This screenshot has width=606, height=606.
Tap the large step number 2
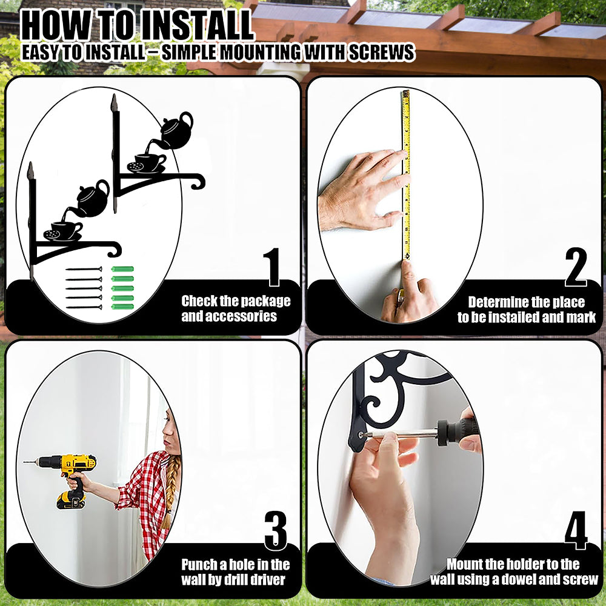point(576,267)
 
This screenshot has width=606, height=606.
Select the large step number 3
point(276,531)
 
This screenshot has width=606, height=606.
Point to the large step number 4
point(576,531)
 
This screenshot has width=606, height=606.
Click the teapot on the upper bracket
point(176,132)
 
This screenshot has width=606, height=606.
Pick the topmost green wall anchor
point(122,269)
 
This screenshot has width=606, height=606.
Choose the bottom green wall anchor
point(122,307)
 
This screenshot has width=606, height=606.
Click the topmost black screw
point(84,269)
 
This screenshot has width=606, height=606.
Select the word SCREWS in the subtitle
point(382,52)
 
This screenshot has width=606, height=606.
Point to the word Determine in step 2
point(495,302)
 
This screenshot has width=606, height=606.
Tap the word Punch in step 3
point(199,565)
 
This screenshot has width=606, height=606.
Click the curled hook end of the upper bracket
point(199,181)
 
